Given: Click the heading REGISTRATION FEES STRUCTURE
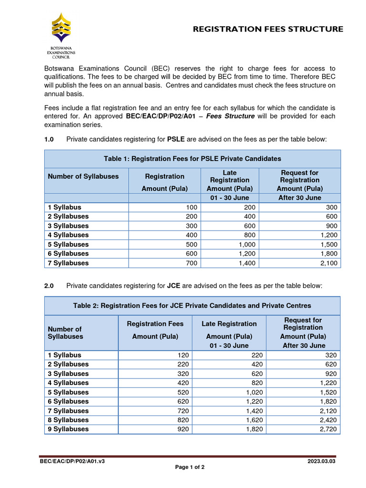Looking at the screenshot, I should [267, 29].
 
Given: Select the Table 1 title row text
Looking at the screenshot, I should [193, 159].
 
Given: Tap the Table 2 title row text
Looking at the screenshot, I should [192, 305].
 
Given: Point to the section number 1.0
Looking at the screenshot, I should [49, 139].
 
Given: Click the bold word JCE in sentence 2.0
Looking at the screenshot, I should [173, 285].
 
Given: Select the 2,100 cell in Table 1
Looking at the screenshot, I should [328, 263].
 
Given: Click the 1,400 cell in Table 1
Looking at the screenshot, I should [246, 263].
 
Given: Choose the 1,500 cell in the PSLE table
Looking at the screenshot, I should [328, 244].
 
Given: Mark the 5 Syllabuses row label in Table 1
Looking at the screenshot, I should [68, 244].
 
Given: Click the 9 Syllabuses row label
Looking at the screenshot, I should [68, 429].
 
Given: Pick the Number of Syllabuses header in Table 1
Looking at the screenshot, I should [83, 176].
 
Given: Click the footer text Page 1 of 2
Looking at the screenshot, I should [190, 467].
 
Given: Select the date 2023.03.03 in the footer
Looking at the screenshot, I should [322, 461].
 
